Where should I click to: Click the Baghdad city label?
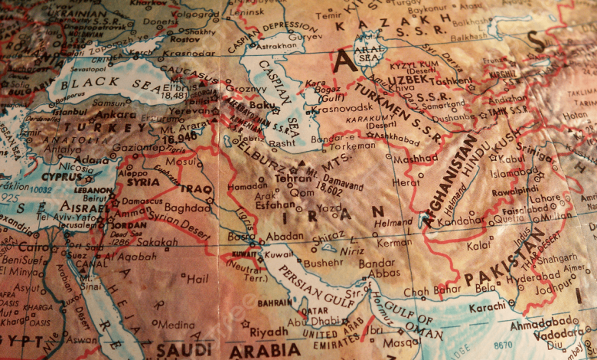(x=187, y=208)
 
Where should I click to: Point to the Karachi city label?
(x=488, y=306)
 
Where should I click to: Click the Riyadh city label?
(x=268, y=332)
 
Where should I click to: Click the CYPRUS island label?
(x=61, y=176)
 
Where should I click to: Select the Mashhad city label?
(x=416, y=159)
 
